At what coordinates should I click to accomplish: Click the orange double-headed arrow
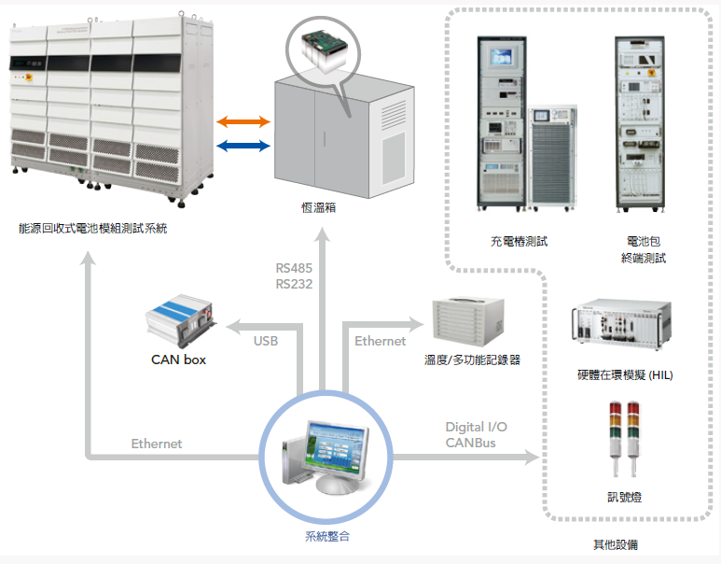tap(243, 121)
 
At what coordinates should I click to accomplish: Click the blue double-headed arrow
tap(243, 146)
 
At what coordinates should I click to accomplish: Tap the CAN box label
tap(178, 360)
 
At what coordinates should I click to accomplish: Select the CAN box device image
tap(181, 321)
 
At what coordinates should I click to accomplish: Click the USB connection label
tap(266, 341)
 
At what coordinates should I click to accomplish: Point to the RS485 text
tap(294, 268)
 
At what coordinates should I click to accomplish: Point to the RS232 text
tap(294, 284)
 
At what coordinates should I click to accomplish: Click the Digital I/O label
tap(477, 428)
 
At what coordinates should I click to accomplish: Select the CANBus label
tap(470, 443)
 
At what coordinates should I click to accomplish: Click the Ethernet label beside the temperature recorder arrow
tap(381, 341)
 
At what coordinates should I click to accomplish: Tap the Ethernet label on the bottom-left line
tap(157, 444)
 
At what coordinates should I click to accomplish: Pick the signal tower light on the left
tap(616, 438)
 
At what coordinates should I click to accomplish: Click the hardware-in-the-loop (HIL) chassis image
tap(621, 325)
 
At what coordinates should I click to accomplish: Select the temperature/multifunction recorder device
tap(468, 322)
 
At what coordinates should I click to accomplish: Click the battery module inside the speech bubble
tap(325, 51)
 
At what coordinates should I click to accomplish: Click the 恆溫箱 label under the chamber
tap(319, 208)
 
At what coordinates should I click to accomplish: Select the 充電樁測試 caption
tap(520, 241)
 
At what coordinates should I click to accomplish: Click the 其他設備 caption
tap(616, 545)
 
